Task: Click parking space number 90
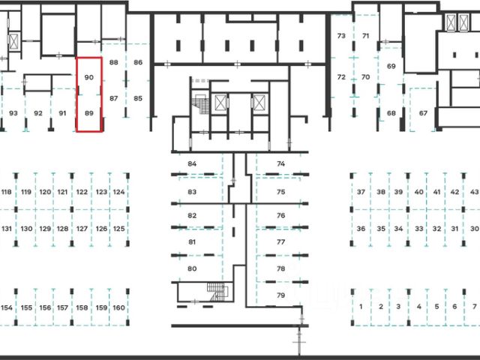pos(89,77)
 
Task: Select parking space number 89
pos(89,113)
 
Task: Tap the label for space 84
pos(192,163)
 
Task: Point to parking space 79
pos(280,295)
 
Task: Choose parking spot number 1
pos(361,307)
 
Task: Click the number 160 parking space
pos(118,307)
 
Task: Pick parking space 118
pos(7,193)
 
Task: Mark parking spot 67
pos(423,113)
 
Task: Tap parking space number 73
pos(341,36)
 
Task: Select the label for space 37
pos(361,193)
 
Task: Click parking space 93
pos(13,113)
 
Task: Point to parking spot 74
pos(280,163)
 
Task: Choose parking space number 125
pos(118,228)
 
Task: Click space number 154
pos(7,307)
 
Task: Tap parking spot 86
pos(138,63)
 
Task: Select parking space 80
pos(192,268)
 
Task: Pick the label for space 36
pos(361,228)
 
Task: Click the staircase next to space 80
pos(217,292)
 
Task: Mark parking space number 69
pos(391,67)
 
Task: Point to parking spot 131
pos(7,228)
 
